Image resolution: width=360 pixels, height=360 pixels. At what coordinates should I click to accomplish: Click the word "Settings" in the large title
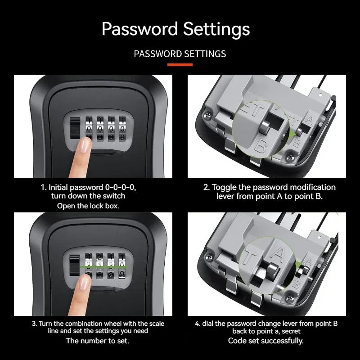216,29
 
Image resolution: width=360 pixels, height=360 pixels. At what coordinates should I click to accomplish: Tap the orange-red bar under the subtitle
180,65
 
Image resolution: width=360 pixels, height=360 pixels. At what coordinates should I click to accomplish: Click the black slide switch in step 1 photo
74,129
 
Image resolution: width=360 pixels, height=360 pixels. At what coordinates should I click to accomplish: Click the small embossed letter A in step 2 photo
309,120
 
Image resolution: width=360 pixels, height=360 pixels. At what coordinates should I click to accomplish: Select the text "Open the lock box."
88,206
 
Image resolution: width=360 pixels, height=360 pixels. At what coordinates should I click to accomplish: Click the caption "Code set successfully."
265,341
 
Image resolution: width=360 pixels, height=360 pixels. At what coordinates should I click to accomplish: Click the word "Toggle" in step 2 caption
224,187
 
